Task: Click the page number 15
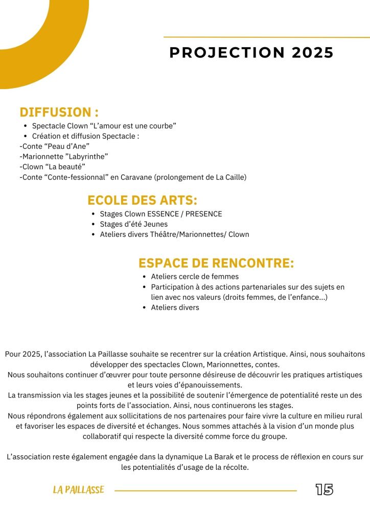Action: point(324,490)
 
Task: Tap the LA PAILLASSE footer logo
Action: point(78,490)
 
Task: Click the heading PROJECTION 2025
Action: point(251,53)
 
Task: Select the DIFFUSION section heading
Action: point(59,113)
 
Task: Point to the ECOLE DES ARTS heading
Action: point(142,200)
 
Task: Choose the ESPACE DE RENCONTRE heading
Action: point(216,264)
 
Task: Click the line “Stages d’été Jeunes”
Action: point(133,224)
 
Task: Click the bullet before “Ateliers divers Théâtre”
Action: point(92,235)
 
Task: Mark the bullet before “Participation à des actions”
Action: point(145,287)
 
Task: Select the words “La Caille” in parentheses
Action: point(229,177)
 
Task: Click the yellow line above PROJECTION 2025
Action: point(266,37)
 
